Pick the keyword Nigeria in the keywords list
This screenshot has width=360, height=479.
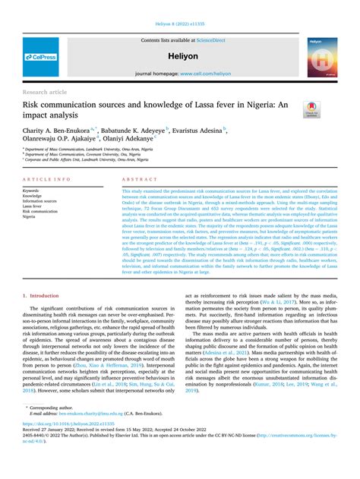point(31,216)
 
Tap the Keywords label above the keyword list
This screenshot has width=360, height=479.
point(32,190)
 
